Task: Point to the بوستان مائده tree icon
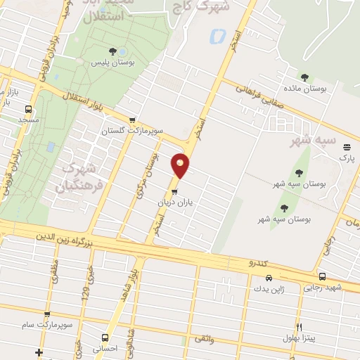click(304, 77)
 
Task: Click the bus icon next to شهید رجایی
click(322, 276)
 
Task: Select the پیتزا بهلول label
click(310, 339)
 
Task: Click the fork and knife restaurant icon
click(298, 328)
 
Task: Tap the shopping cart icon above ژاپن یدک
click(251, 277)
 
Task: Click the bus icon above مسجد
click(27, 109)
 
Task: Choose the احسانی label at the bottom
click(106, 347)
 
